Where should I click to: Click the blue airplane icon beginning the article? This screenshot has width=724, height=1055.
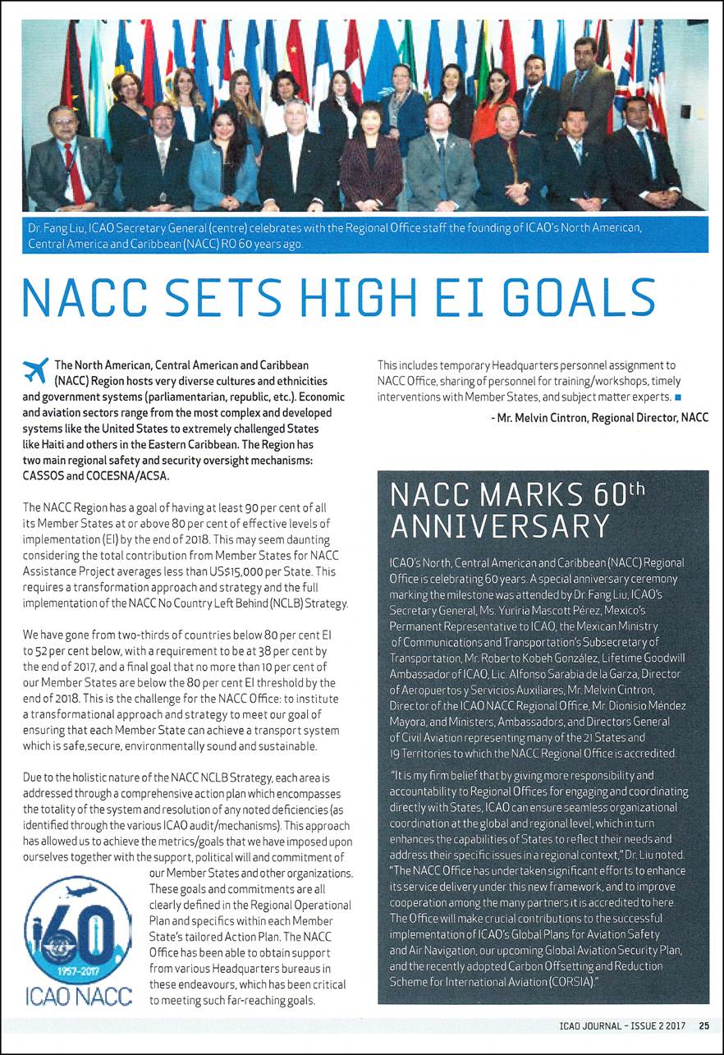coord(36,370)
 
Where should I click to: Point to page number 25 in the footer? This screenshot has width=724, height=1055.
coord(704,1025)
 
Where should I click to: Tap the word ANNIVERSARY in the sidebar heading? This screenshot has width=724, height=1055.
coord(500,525)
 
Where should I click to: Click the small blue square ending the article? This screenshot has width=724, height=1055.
coord(678,398)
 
